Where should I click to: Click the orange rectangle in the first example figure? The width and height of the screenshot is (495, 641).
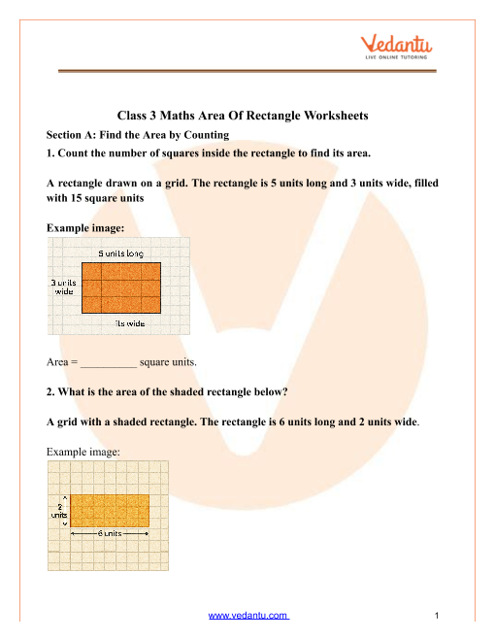click(120, 287)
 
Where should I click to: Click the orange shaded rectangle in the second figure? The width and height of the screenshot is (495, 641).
click(109, 511)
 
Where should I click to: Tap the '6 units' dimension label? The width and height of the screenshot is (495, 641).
click(109, 534)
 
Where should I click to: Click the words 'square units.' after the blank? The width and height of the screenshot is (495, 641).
click(168, 362)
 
